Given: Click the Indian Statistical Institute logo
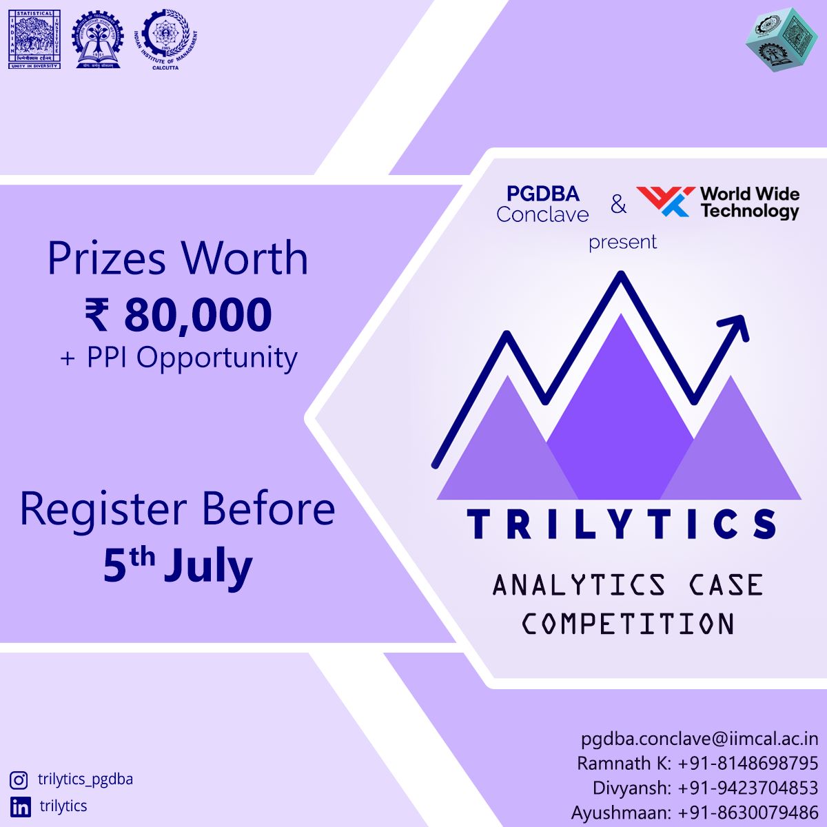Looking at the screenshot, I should (34, 39).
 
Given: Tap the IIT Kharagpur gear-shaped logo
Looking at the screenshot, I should (98, 39).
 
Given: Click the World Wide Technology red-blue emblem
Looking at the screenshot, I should (664, 201).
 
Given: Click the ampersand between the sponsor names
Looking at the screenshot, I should (618, 205).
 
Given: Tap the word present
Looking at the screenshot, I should (622, 243).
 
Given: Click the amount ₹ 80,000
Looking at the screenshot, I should (178, 315).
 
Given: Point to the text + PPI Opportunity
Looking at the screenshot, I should (178, 358).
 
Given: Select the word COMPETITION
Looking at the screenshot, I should (627, 624).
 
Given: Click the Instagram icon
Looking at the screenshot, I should (19, 780).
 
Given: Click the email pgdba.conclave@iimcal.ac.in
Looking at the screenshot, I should (700, 739).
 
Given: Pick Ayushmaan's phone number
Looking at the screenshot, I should (748, 813).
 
